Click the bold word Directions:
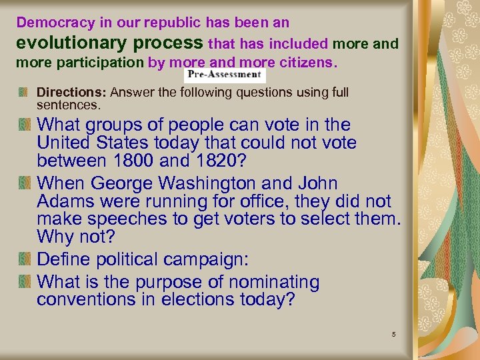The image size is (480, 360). [x=72, y=92]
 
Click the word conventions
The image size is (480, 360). [x=86, y=300]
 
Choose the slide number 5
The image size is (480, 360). [x=394, y=333]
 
